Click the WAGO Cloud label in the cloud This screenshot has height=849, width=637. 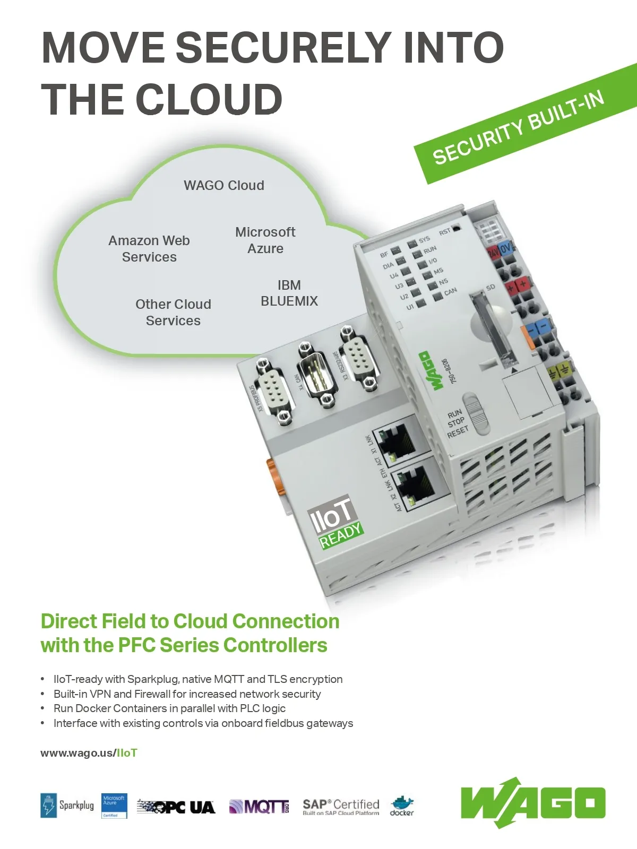[223, 186]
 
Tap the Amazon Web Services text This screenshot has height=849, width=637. [149, 249]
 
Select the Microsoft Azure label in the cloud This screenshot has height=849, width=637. [265, 240]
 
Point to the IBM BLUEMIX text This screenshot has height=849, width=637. [289, 293]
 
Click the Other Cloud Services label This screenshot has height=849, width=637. [173, 313]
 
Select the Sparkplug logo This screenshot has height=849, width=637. [67, 805]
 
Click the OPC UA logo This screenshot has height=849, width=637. [176, 807]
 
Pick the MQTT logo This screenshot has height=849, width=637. [259, 807]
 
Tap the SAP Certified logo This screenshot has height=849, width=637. [341, 807]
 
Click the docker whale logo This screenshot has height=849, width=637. [402, 806]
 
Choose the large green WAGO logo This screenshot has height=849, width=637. [532, 803]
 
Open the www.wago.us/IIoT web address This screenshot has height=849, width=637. [89, 753]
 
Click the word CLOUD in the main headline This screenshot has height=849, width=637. [209, 99]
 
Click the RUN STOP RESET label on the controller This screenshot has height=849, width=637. [457, 423]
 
